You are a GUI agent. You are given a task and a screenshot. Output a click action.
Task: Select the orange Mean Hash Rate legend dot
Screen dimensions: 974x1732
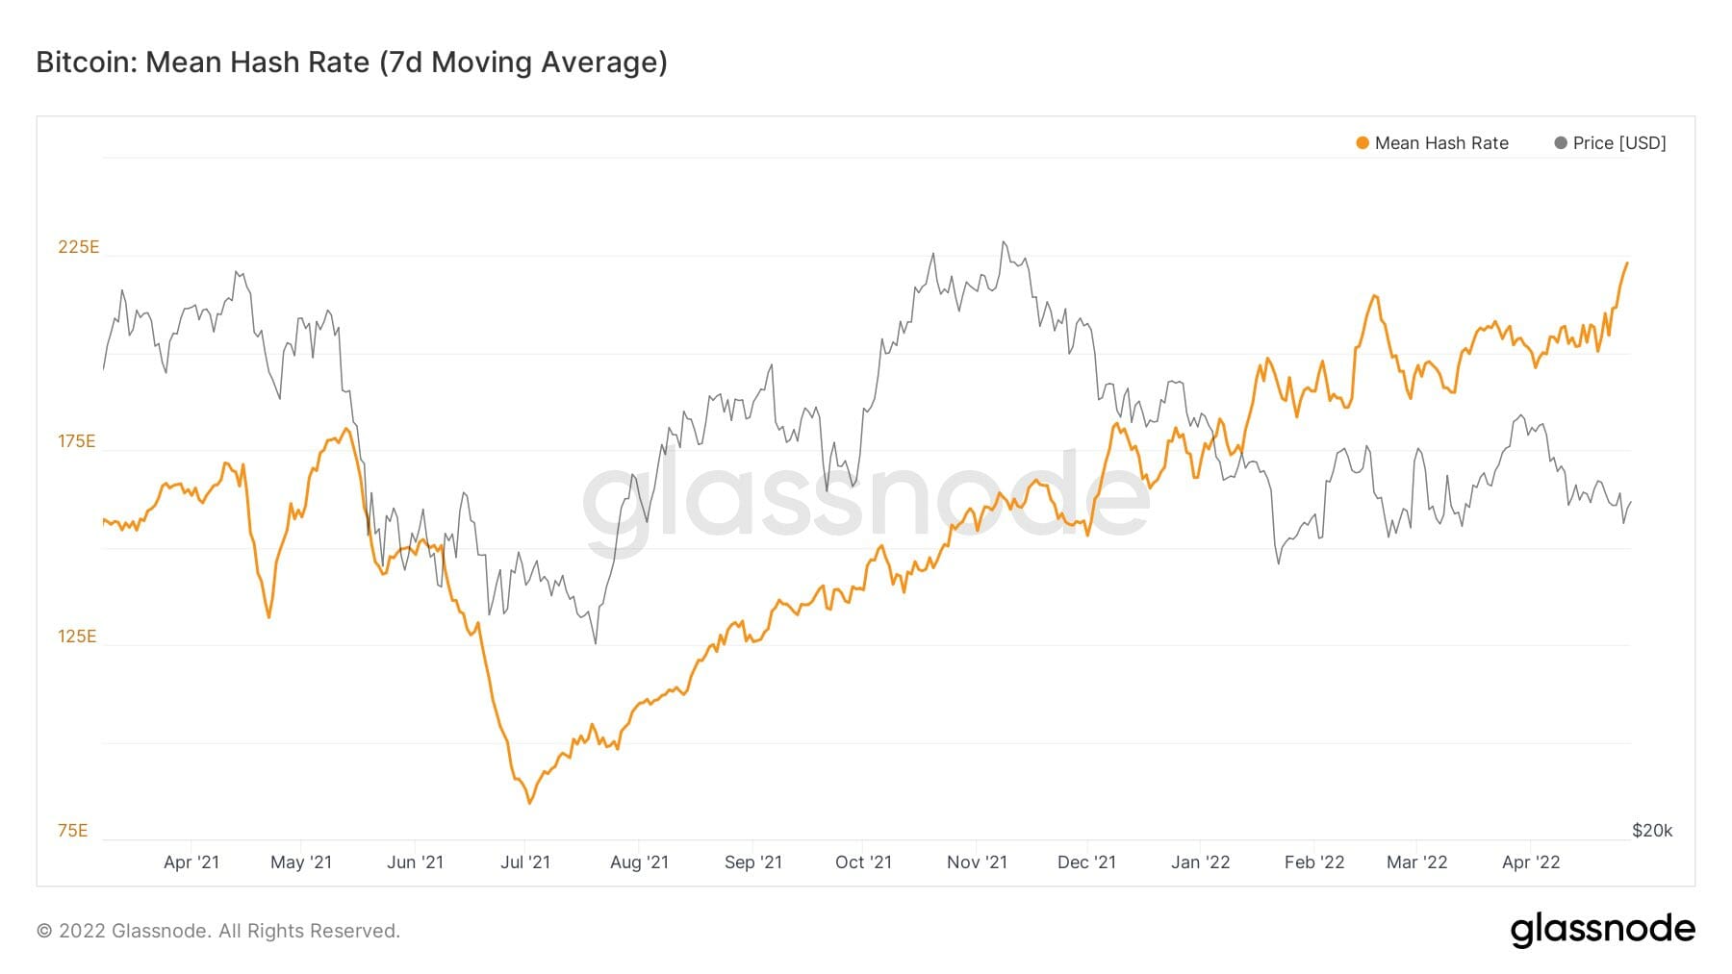(1362, 143)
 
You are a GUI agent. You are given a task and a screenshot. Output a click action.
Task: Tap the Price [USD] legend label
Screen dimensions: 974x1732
(1618, 143)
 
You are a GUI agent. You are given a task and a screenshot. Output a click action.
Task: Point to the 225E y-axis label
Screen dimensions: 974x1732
(78, 247)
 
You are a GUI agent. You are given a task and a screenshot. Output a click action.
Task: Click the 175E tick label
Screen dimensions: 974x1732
(77, 441)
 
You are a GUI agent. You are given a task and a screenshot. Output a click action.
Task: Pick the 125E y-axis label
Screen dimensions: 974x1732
(77, 637)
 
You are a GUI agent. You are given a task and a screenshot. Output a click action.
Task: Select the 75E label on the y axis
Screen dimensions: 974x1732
(72, 831)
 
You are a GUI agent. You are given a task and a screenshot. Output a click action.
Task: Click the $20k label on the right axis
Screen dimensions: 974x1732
(1651, 831)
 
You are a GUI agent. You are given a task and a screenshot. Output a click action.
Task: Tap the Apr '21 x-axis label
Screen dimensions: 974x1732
(191, 862)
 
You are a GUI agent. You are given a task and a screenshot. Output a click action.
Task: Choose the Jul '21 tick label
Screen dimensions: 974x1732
(524, 862)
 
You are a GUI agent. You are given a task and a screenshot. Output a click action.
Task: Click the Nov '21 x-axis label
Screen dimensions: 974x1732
(977, 862)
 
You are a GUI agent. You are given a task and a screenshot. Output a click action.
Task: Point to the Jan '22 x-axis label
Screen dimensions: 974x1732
(1200, 862)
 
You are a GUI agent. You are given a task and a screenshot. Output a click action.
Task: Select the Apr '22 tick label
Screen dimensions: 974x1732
(1530, 862)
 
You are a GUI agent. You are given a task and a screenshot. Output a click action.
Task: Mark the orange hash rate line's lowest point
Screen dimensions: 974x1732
(529, 802)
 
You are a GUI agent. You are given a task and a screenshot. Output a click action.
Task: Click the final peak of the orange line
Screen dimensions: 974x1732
(1626, 263)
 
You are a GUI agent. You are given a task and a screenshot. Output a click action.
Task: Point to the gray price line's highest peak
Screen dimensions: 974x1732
(1004, 242)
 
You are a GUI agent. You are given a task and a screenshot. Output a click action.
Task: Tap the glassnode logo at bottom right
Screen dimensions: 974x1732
(1602, 930)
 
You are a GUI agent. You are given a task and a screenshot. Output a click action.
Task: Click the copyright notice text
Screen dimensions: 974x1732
(217, 931)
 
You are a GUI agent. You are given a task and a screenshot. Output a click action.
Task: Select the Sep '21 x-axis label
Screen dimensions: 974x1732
(752, 862)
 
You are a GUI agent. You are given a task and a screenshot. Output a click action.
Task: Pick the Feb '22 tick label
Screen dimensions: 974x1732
(1313, 862)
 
